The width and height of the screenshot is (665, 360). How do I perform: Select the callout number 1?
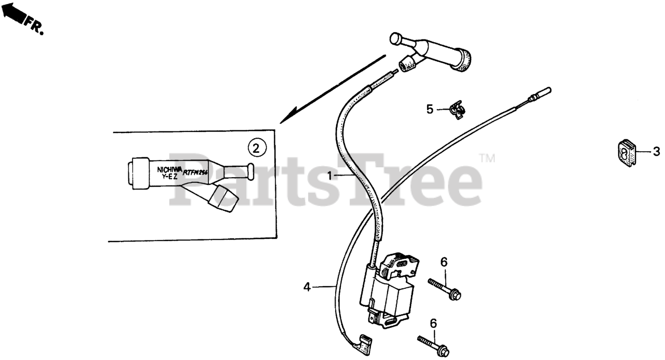(x=329, y=176)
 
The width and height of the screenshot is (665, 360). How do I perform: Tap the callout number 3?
(x=656, y=152)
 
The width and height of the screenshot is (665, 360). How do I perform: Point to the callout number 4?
(x=307, y=286)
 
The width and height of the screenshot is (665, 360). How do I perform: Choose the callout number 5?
(x=430, y=109)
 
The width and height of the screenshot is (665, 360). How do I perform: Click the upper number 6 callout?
(x=444, y=262)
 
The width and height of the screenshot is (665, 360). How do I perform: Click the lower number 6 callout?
(x=433, y=323)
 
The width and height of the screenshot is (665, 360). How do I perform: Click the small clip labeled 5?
(x=456, y=110)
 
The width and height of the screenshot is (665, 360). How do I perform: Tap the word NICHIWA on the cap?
(x=170, y=169)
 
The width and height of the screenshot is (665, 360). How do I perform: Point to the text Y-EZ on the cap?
(x=170, y=177)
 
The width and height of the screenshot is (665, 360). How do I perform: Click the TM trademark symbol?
(x=487, y=158)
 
